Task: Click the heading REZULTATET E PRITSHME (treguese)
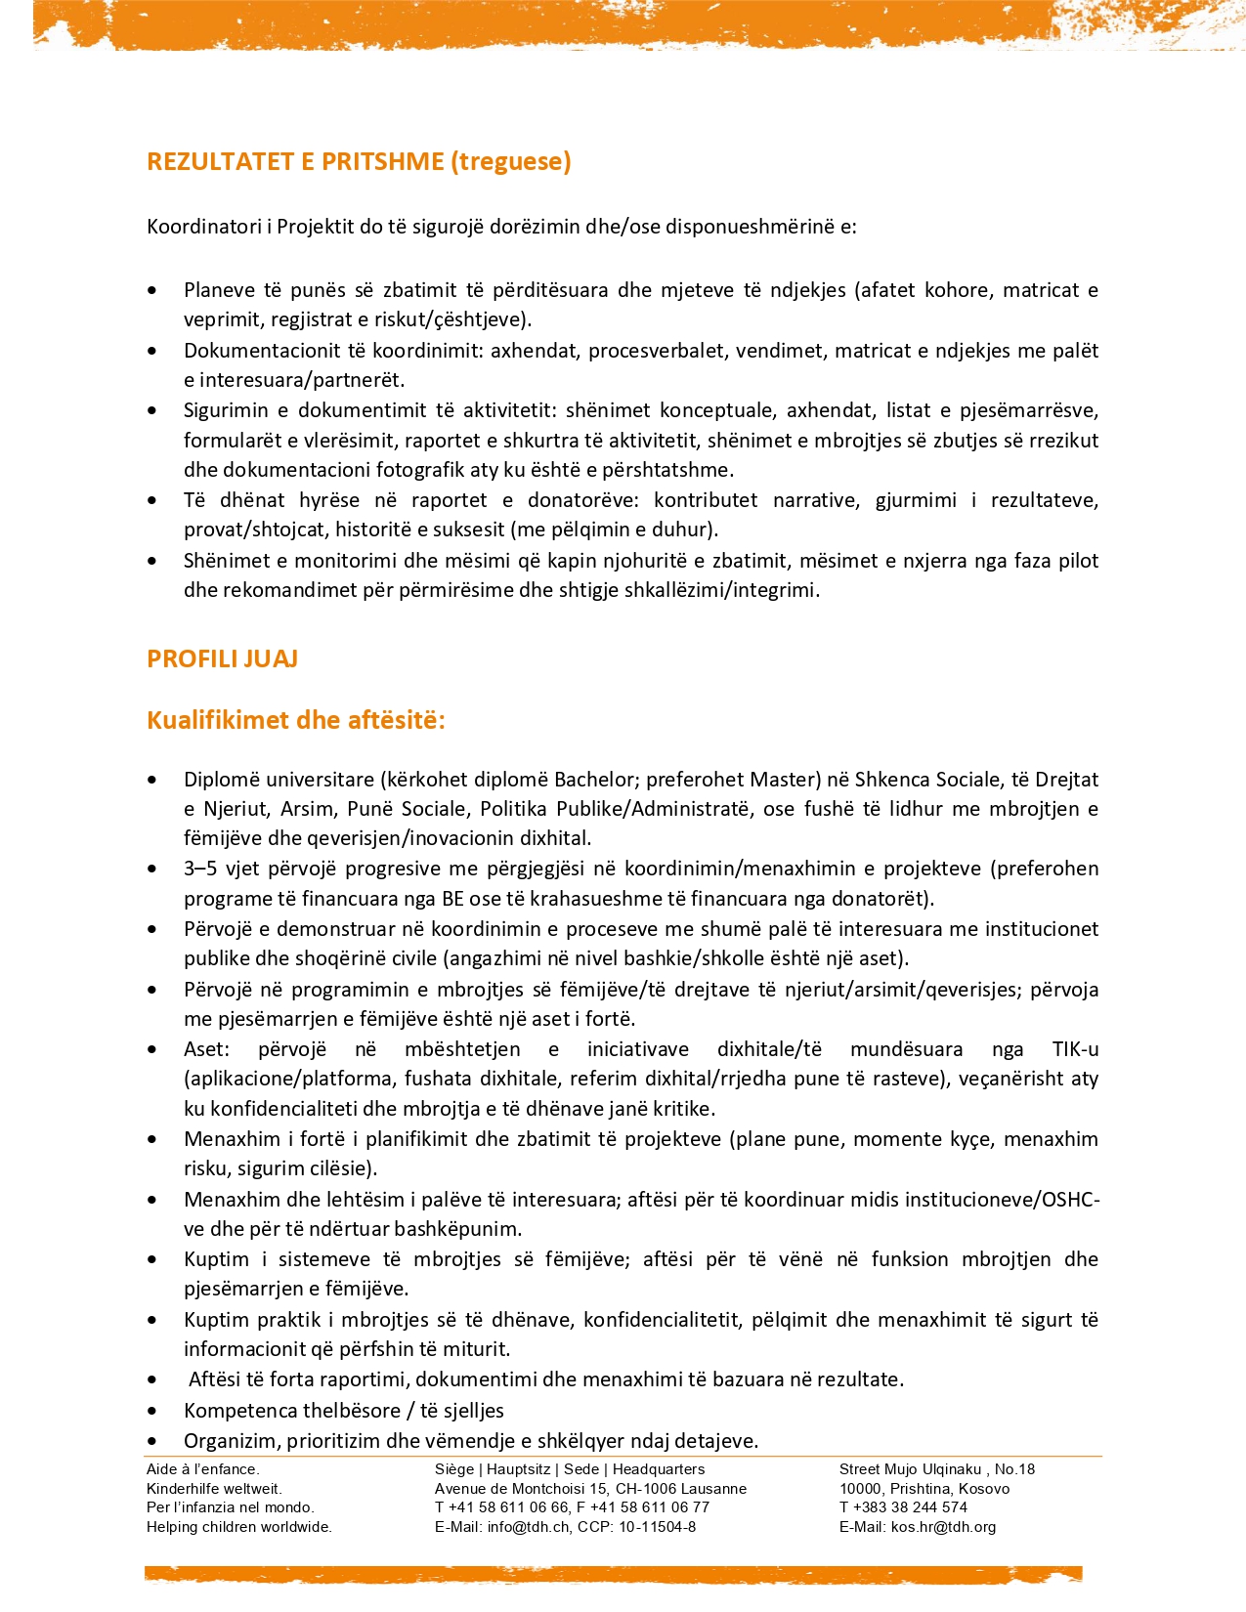click(x=359, y=161)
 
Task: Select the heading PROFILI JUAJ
click(x=222, y=658)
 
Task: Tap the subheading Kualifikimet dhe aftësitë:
click(x=296, y=720)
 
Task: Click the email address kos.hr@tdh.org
click(x=943, y=1526)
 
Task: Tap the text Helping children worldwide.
click(x=239, y=1526)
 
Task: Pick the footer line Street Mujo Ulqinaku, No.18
click(x=936, y=1468)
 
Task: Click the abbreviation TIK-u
click(x=1075, y=1049)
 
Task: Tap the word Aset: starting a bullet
click(x=206, y=1049)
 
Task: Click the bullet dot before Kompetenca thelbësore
click(x=151, y=1412)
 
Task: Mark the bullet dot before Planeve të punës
click(x=151, y=291)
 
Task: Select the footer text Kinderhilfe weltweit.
click(x=214, y=1488)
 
